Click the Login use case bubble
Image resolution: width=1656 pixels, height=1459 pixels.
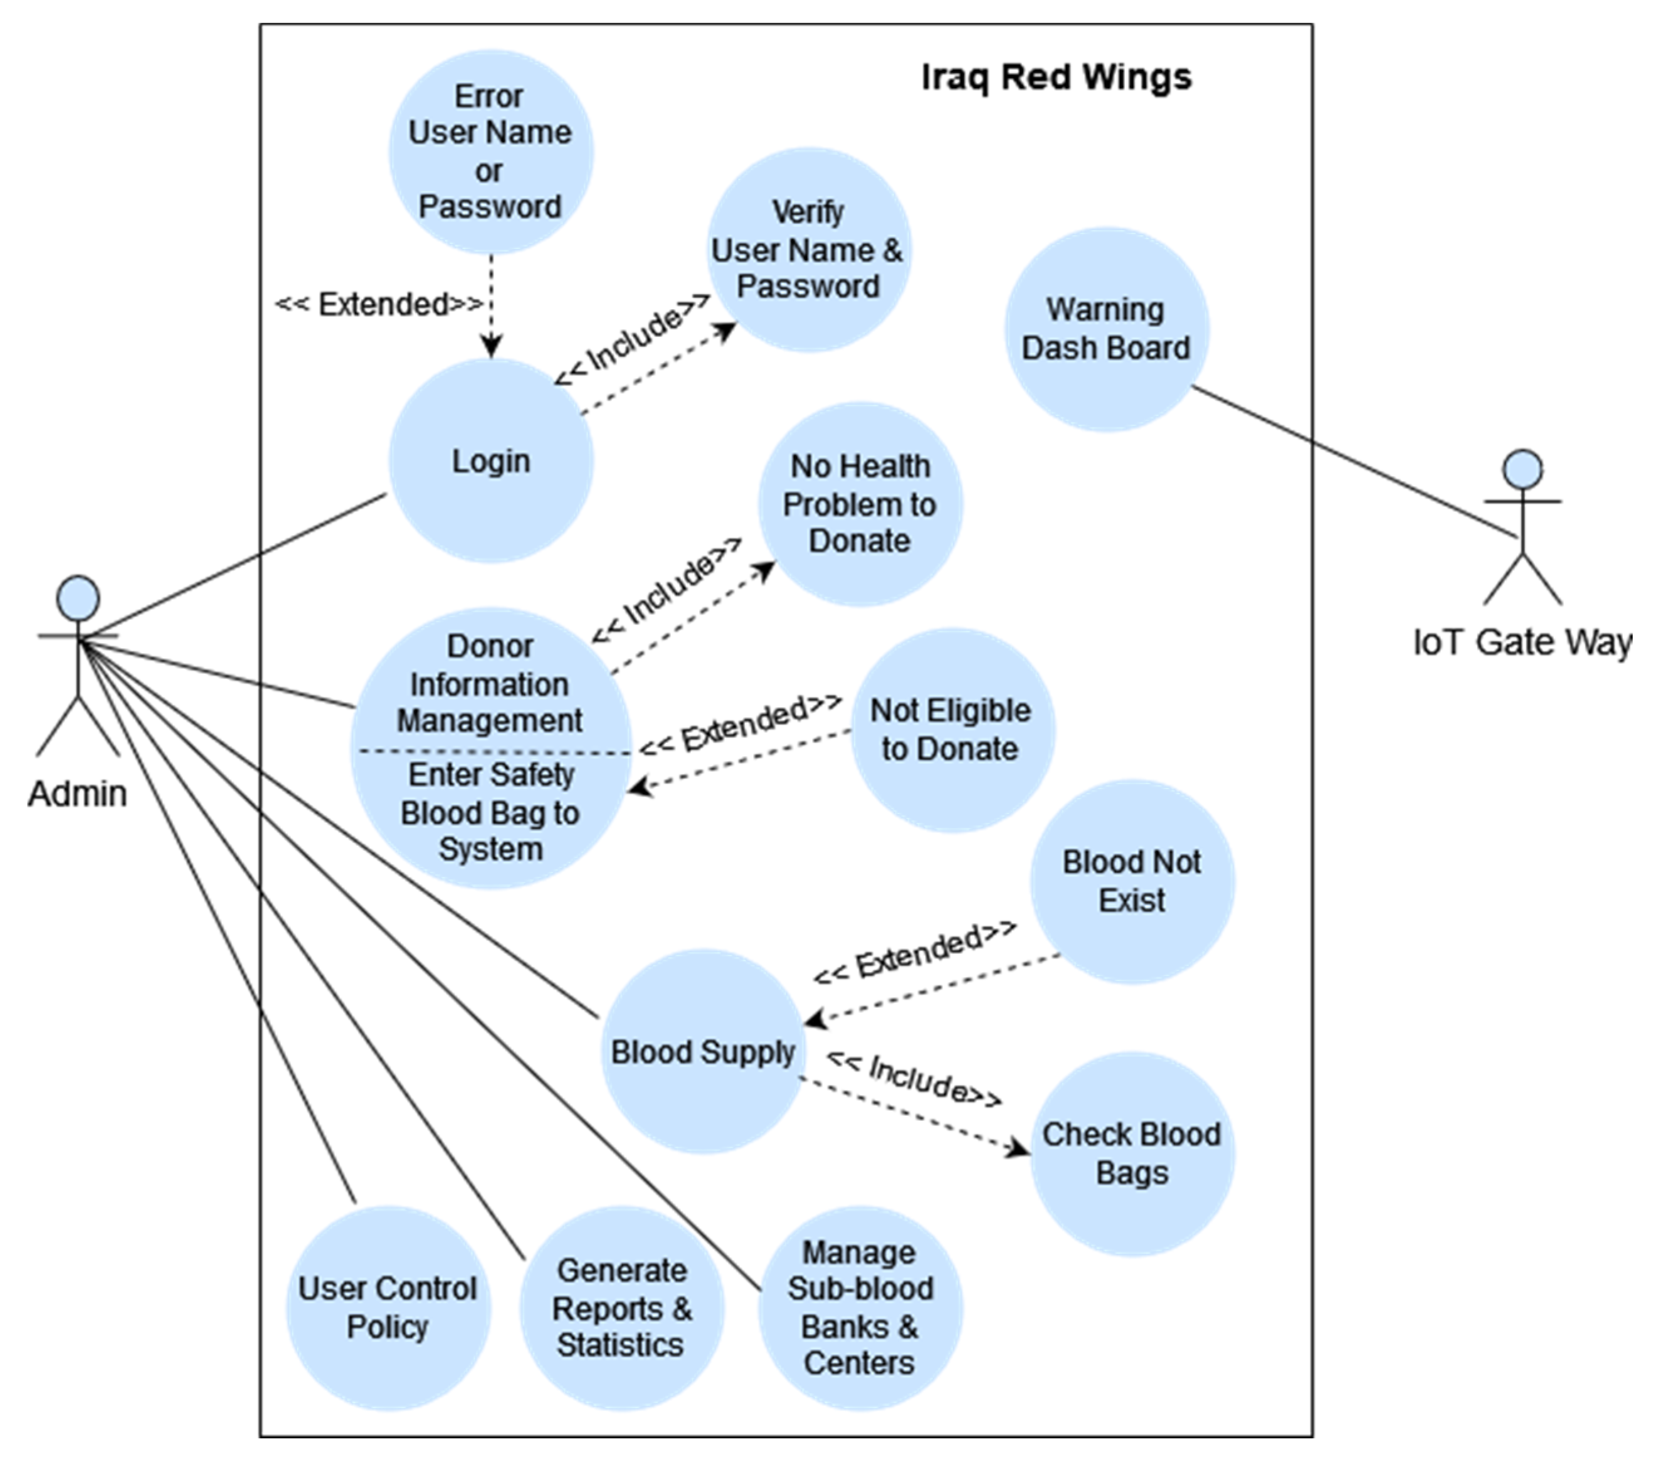[x=491, y=461]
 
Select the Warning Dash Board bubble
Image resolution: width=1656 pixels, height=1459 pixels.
[x=1107, y=329]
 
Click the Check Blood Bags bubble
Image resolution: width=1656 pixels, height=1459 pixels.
[x=1132, y=1154]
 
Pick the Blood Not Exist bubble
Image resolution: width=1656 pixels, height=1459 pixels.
[x=1132, y=882]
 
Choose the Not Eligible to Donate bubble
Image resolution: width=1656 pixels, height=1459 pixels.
[x=952, y=729]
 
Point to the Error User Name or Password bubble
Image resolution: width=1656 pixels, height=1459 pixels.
[x=491, y=152]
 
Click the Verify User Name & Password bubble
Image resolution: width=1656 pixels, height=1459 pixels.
[x=808, y=250]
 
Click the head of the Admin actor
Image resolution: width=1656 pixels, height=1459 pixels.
[x=78, y=598]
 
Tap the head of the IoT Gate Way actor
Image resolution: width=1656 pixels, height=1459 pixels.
[x=1522, y=469]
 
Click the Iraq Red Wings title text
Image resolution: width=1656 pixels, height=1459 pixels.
[x=1057, y=78]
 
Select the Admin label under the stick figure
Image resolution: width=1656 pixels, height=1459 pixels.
[x=78, y=794]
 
